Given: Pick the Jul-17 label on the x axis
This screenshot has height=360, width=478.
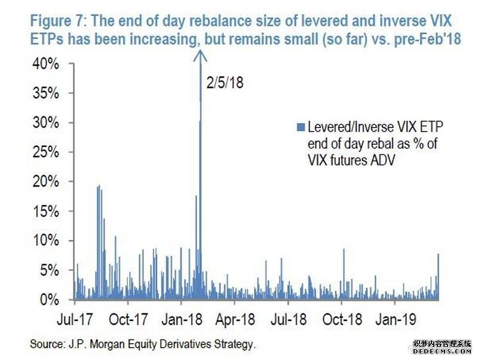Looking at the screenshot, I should (76, 320).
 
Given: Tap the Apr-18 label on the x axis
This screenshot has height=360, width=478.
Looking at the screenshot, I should (235, 320).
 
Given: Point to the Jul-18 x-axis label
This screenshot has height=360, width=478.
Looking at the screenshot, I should (288, 320).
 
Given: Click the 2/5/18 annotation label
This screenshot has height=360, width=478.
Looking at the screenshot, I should (224, 83).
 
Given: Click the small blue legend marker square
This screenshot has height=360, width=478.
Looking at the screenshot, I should (301, 127).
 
